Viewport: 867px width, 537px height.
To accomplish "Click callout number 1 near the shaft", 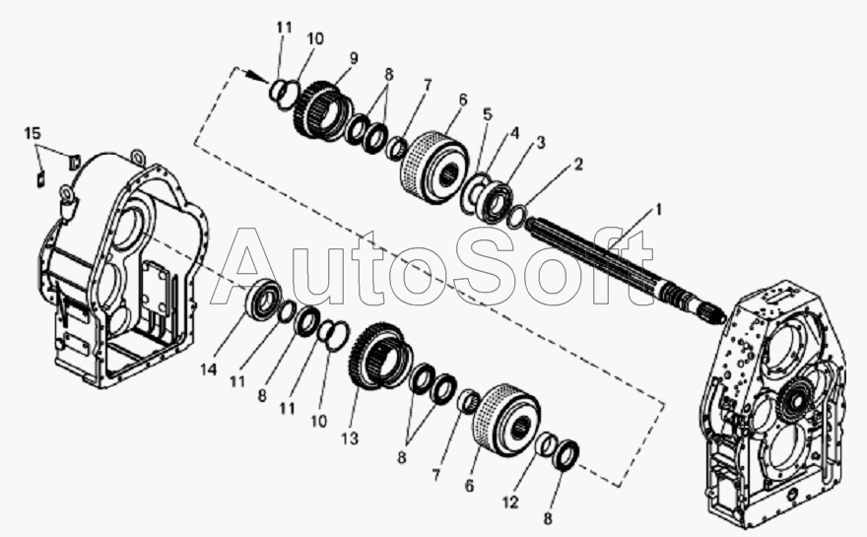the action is point(658,210).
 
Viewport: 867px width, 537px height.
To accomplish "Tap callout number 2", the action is point(578,165).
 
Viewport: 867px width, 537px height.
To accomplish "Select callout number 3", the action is point(541,142).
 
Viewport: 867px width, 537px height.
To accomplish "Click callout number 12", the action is point(510,503).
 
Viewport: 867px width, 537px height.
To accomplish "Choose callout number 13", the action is point(350,438).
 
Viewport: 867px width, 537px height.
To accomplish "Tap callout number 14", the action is point(209,369).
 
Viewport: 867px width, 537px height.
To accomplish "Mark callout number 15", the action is point(33,133).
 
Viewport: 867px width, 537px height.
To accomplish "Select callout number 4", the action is point(514,133).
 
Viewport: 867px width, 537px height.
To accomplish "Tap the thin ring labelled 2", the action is point(516,216).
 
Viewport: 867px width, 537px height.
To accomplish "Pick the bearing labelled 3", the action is point(498,201).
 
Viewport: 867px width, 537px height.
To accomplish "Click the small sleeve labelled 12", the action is point(548,444).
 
